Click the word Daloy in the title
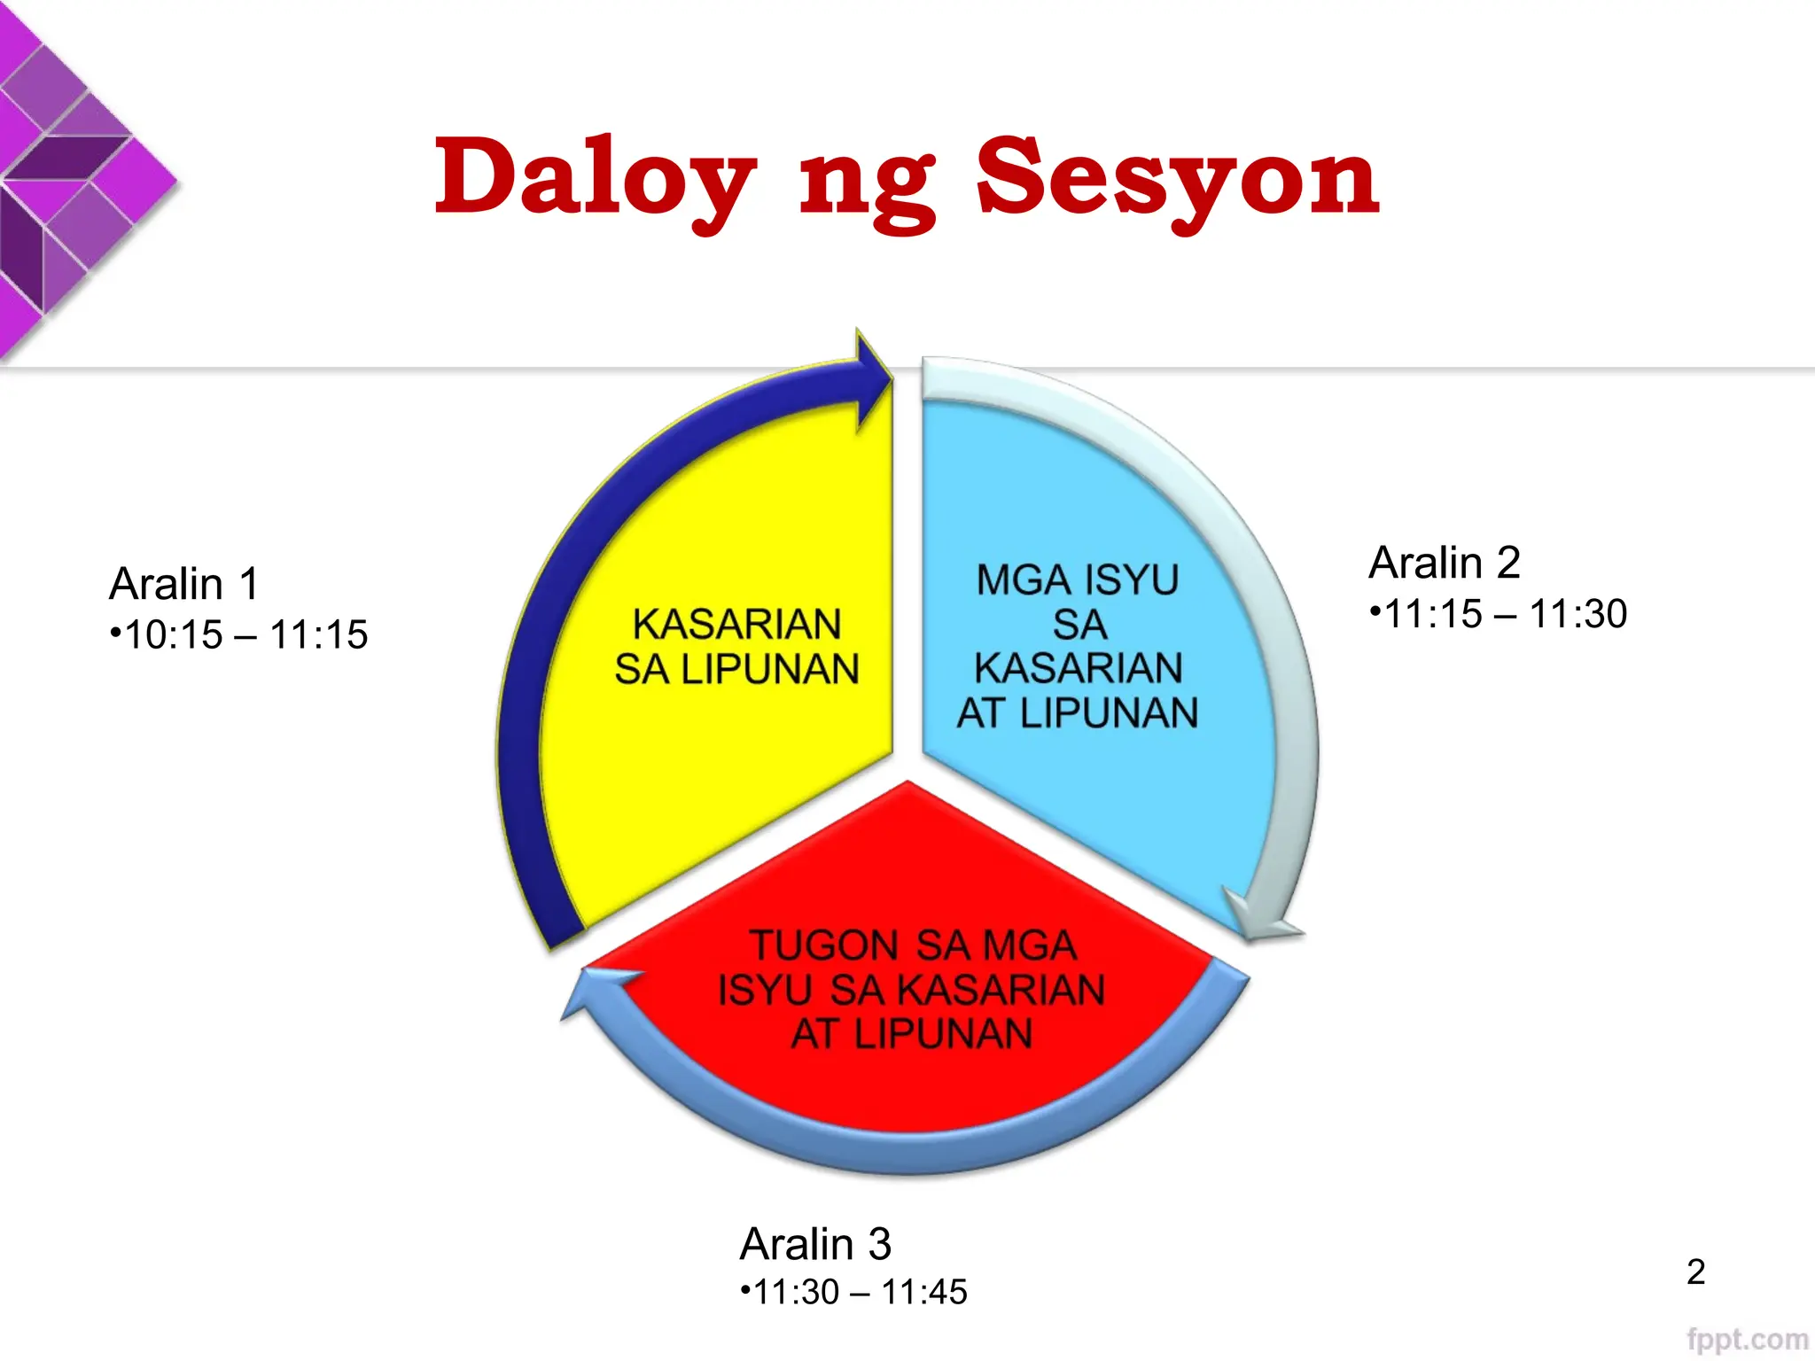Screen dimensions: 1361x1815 click(594, 177)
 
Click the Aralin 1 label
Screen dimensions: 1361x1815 click(184, 584)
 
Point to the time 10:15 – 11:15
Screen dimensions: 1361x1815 click(239, 634)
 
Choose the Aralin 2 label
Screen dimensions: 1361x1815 click(1445, 563)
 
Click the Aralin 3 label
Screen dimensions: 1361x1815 click(815, 1244)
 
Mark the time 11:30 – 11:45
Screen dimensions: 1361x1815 click(854, 1292)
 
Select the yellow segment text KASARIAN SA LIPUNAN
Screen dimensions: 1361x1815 click(737, 647)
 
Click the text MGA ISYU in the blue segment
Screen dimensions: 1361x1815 click(1078, 580)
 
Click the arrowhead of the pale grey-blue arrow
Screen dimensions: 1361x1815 click(1262, 922)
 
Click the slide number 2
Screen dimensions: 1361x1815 click(1695, 1272)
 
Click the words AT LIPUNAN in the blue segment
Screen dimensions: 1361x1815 click(1078, 713)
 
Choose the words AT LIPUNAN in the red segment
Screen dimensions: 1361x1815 click(911, 1034)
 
